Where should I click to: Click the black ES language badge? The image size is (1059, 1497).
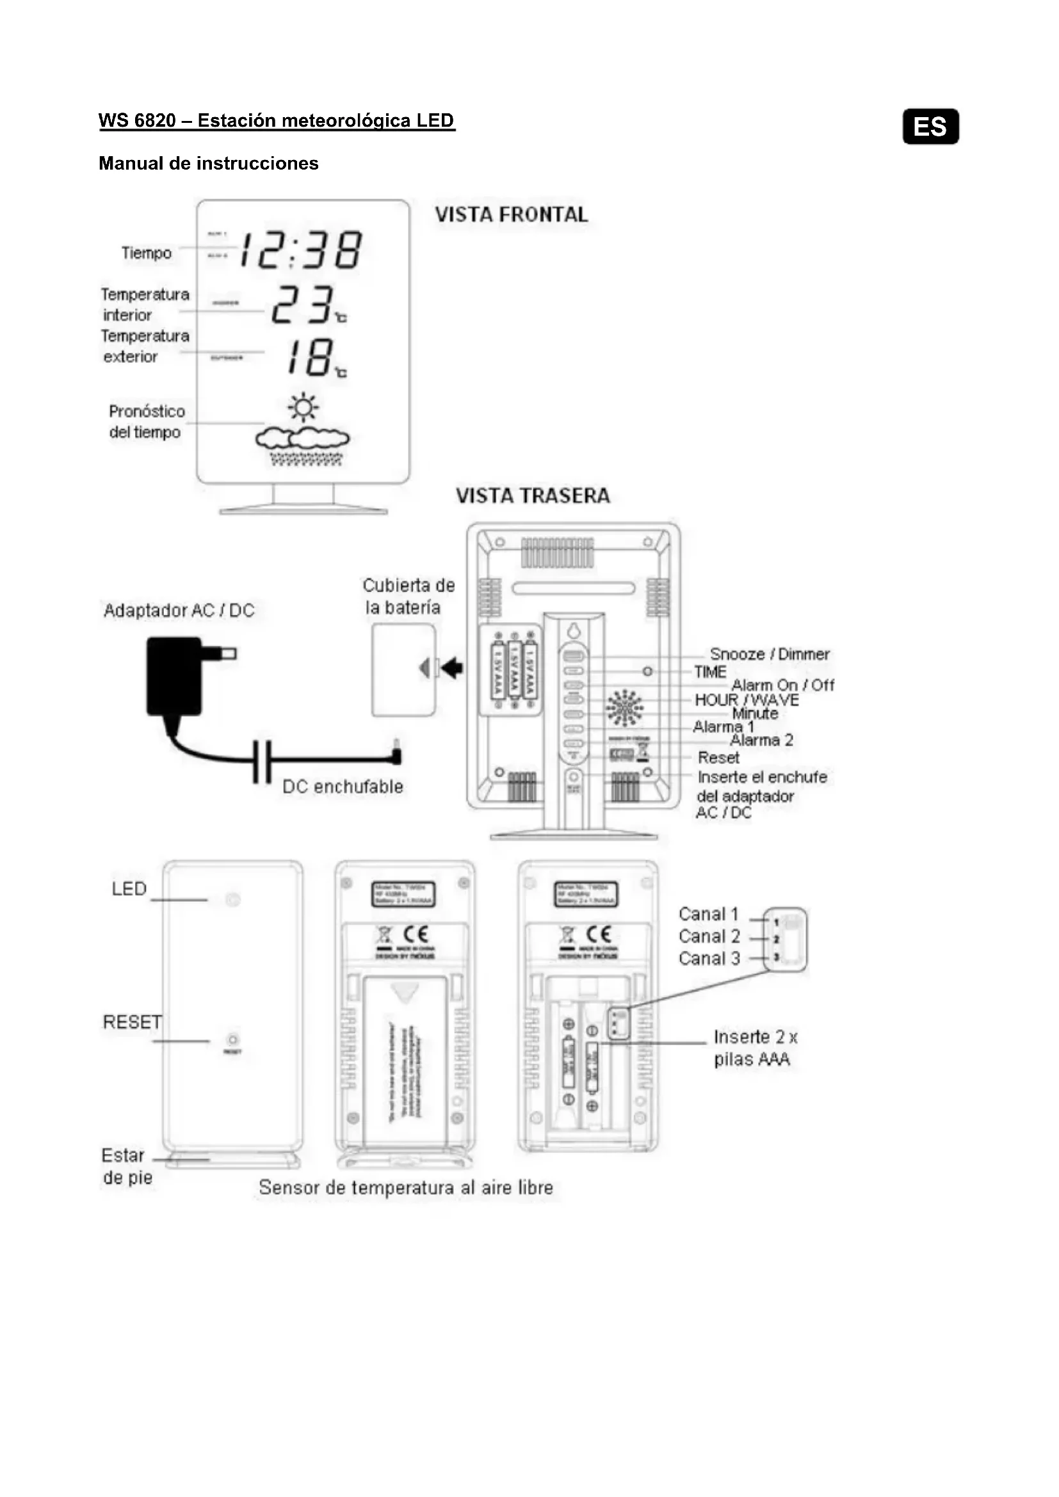(930, 127)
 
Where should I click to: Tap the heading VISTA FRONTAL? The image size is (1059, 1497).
(511, 214)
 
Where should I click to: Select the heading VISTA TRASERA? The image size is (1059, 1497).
(533, 495)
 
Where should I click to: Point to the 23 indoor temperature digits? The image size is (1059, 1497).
(303, 305)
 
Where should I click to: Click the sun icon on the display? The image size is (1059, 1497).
(303, 408)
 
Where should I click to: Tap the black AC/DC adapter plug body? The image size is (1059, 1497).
(175, 676)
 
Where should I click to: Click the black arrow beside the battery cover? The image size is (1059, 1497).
(452, 668)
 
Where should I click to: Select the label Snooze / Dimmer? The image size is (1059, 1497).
(770, 654)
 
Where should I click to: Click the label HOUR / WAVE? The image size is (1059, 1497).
(747, 700)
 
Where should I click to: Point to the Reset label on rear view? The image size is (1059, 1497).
(718, 758)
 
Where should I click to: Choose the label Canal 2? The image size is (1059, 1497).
(709, 936)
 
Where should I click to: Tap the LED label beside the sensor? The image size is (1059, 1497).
(129, 889)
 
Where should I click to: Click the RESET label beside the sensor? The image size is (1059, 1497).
(133, 1021)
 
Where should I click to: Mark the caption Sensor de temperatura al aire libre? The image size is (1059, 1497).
(405, 1187)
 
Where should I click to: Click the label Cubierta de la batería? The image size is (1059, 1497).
(408, 596)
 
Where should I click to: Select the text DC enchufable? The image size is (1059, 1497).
(343, 787)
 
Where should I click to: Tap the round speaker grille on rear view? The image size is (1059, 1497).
(624, 707)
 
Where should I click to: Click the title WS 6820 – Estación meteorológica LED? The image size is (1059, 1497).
(277, 120)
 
